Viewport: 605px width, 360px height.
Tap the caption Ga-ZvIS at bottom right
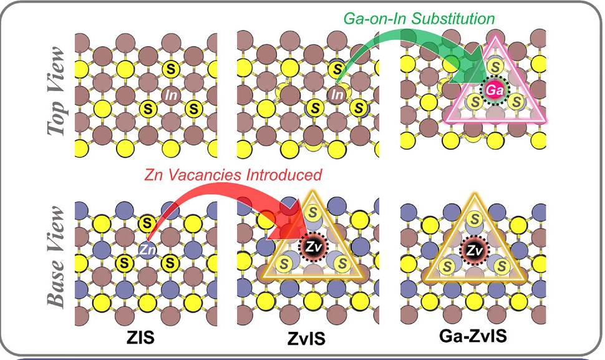(x=473, y=338)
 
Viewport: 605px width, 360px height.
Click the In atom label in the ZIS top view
(x=172, y=95)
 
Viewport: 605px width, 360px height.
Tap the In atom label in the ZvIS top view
(x=337, y=95)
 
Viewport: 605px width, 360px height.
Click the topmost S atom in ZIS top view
(x=170, y=68)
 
